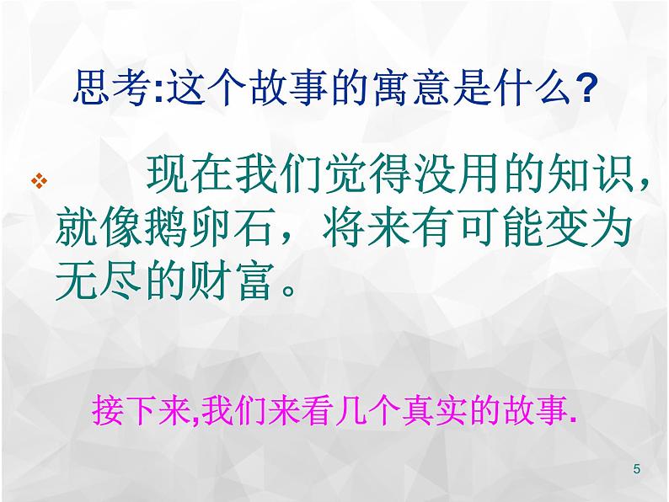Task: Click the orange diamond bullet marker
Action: tap(39, 180)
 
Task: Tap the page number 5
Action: tap(637, 469)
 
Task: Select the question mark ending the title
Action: tap(583, 88)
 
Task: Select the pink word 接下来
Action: tap(142, 411)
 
